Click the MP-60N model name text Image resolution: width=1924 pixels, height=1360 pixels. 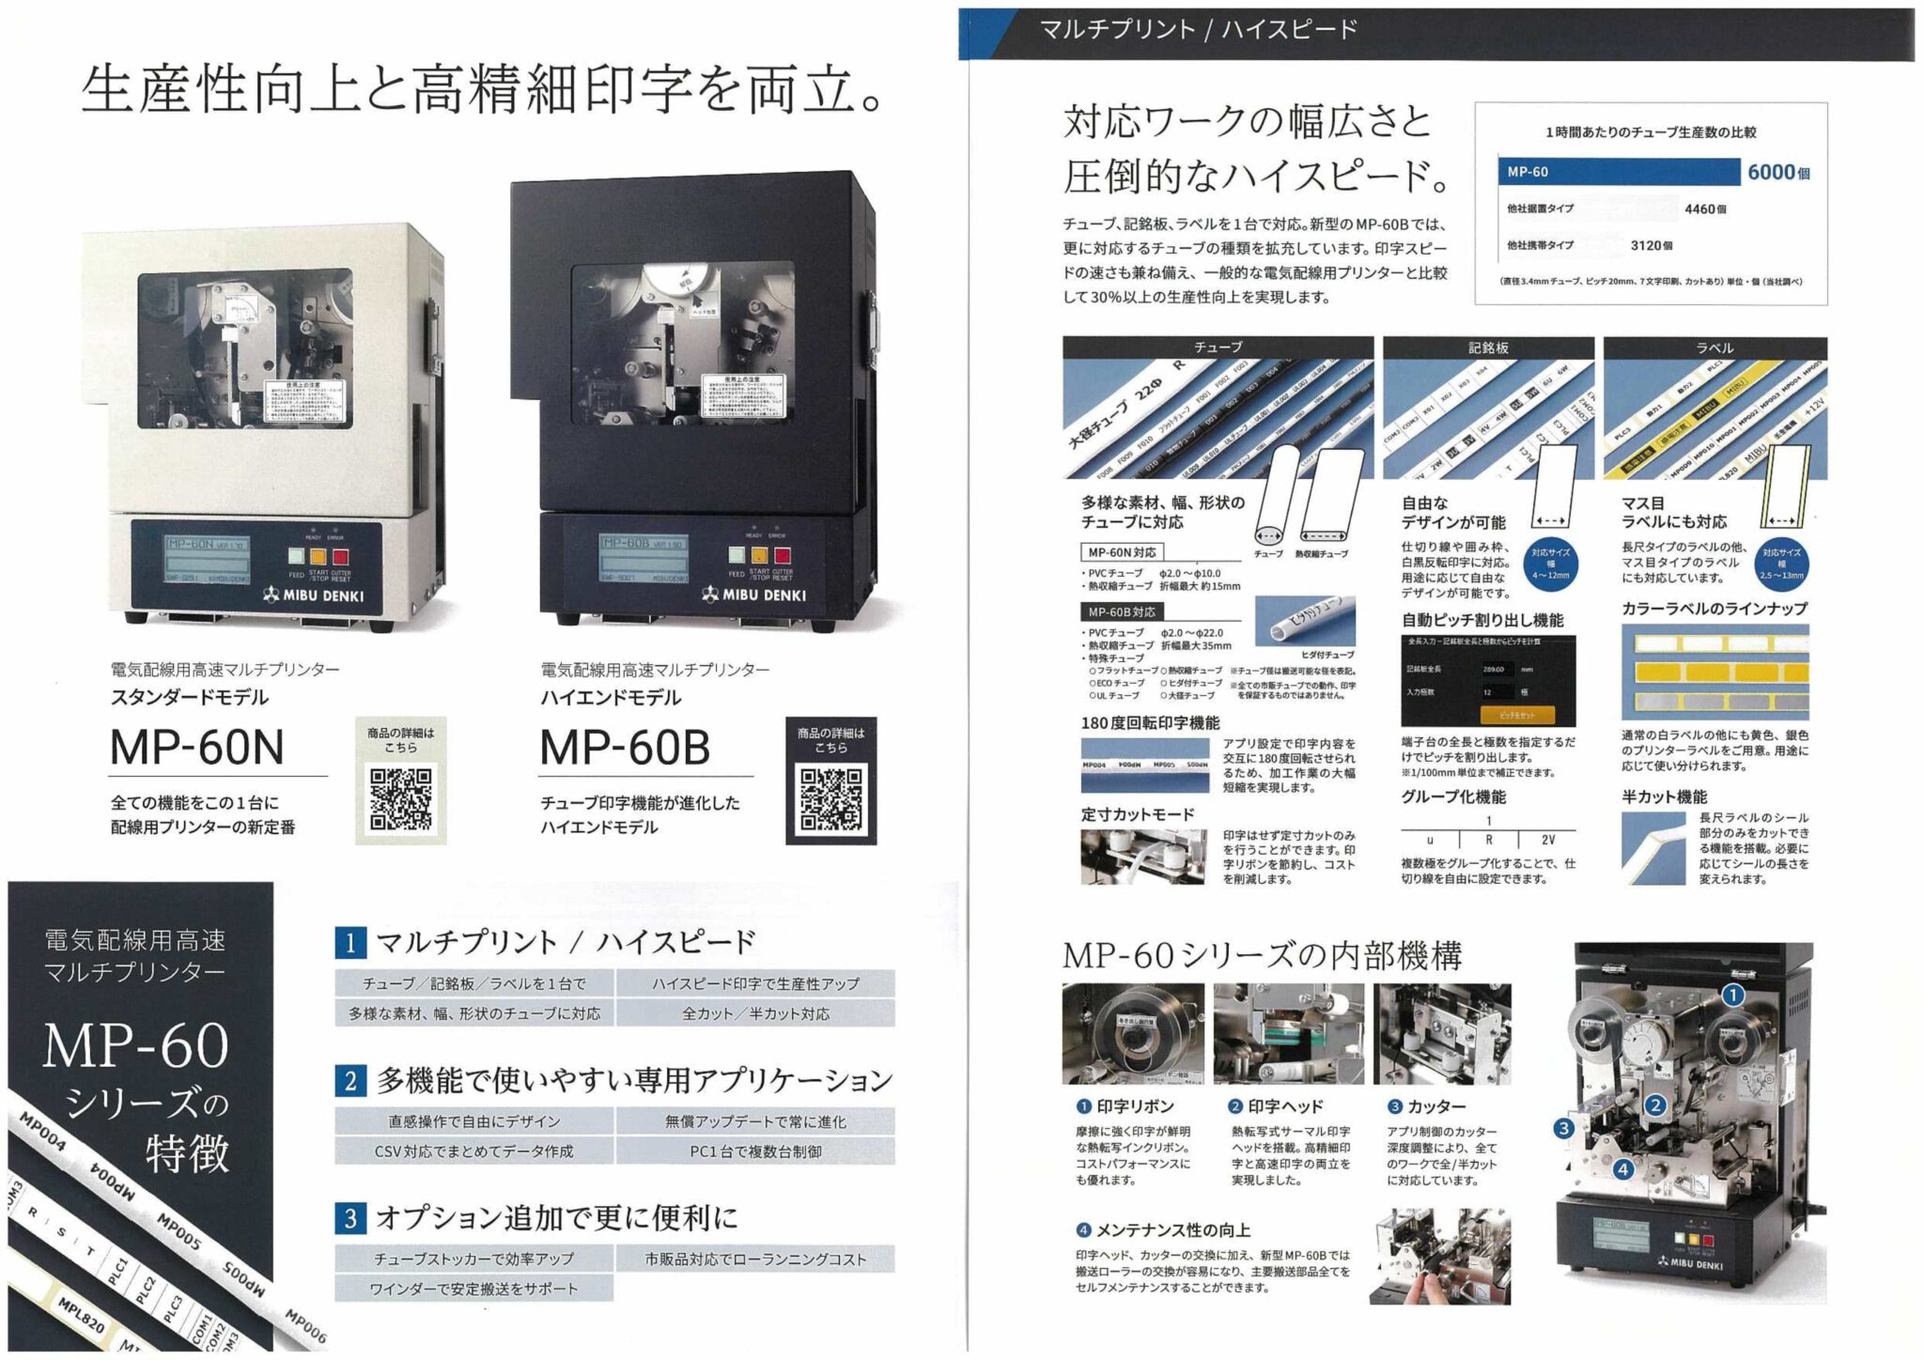point(196,748)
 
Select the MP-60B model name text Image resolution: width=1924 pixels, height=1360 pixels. point(625,748)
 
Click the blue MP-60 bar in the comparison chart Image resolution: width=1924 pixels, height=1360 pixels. point(1617,172)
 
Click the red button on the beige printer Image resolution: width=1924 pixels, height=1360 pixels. point(340,557)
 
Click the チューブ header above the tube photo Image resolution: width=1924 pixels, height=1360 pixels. point(1218,348)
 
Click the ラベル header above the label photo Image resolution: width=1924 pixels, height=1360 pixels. point(1715,348)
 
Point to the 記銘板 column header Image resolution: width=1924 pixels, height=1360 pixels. point(1488,348)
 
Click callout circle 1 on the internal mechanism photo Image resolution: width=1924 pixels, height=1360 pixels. point(1732,995)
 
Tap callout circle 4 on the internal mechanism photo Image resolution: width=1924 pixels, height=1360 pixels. point(1622,1169)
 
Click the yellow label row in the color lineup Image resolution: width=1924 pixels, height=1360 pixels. point(1715,672)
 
